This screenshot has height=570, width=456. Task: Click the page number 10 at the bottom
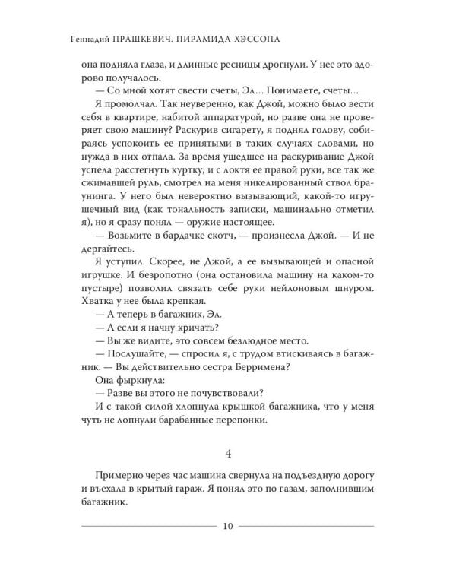pos(228,525)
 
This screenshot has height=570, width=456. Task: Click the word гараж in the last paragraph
pos(174,489)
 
